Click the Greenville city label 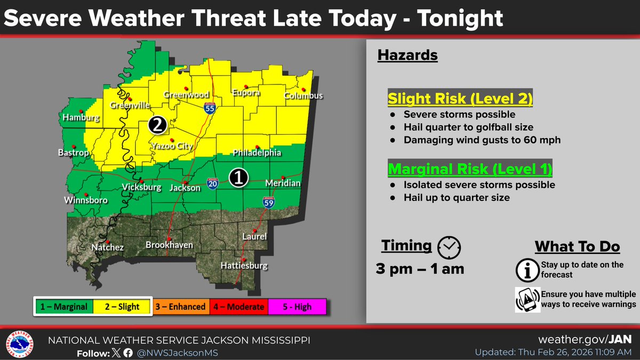pos(130,106)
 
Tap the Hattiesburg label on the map pos(245,266)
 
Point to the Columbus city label pos(303,96)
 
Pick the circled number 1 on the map pos(238,178)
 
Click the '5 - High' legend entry pos(297,307)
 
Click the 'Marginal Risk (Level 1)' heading pos(470,169)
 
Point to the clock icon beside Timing pos(449,246)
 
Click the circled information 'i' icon pos(526,270)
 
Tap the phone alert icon pos(526,300)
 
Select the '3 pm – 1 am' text pos(420,269)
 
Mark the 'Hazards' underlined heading pos(407,55)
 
